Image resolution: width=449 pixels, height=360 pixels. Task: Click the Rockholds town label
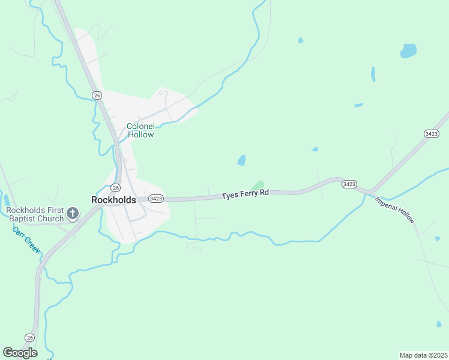[113, 200]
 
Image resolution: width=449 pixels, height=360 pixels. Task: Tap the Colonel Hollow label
[140, 130]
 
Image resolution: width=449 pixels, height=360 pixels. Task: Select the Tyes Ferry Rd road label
[245, 194]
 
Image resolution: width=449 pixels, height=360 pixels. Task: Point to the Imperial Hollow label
[395, 210]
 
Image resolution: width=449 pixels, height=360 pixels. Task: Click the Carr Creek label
[26, 239]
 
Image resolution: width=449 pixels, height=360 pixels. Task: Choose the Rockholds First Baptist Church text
[35, 214]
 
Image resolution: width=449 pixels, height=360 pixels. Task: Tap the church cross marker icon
[73, 213]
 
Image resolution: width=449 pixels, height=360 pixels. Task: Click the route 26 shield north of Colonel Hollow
[97, 95]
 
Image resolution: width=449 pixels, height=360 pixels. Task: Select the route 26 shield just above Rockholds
[115, 188]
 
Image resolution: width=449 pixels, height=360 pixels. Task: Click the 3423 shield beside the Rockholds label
[155, 199]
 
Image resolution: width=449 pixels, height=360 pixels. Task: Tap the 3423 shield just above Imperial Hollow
[349, 184]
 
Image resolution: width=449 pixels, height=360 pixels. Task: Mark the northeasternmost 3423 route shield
[431, 133]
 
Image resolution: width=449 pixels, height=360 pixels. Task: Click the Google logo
[20, 353]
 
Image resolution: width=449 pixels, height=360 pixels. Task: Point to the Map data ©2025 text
[423, 355]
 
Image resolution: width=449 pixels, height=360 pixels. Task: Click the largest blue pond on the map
[409, 50]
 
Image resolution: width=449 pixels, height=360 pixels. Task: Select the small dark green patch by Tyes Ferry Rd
[258, 185]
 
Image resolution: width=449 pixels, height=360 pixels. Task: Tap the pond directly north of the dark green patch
[241, 160]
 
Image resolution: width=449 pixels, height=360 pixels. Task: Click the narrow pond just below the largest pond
[373, 74]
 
